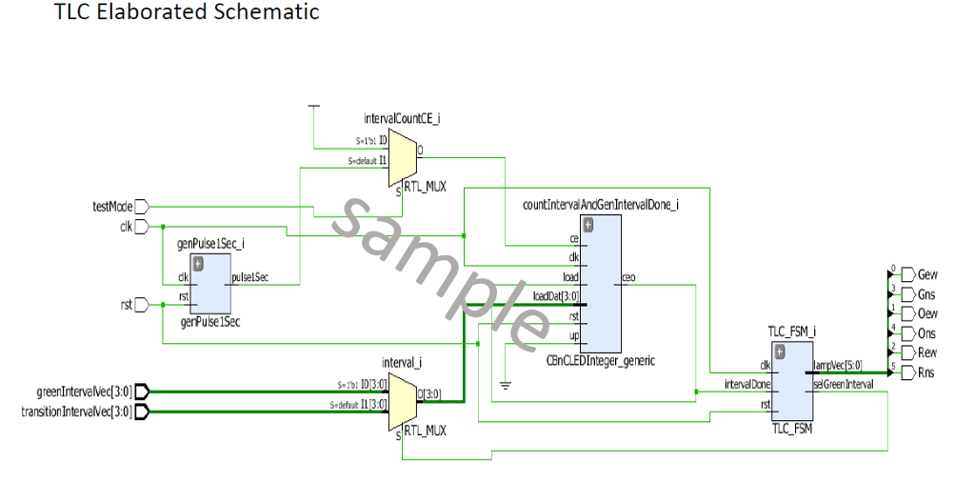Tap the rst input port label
(126, 305)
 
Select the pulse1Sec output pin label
(249, 278)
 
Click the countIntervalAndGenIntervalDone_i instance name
(600, 204)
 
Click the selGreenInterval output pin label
(843, 385)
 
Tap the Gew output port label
(926, 274)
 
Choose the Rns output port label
(926, 372)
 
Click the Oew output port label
(926, 313)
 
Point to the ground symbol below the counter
(506, 385)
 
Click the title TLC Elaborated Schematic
(187, 12)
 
